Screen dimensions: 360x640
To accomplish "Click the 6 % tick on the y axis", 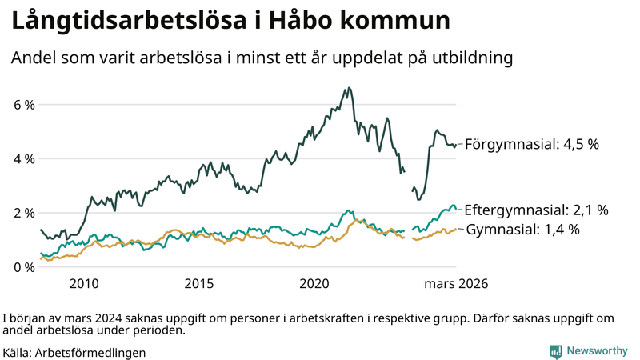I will pos(24,105).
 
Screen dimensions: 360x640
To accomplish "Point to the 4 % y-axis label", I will pos(24,158).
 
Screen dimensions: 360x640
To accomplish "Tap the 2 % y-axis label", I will pos(24,213).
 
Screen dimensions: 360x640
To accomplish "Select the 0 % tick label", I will pos(24,266).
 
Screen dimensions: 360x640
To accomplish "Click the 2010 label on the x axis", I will pos(84,284).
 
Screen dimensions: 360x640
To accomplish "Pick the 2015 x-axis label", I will pos(199,284).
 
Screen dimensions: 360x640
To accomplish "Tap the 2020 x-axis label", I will pos(314,284).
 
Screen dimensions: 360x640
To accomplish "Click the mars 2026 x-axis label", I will pos(456,284).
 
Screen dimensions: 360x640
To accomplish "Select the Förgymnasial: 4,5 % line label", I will pos(531,145).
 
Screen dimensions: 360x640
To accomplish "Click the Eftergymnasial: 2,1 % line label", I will pos(536,210).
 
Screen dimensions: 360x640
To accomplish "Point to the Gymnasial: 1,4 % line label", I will pos(534,230).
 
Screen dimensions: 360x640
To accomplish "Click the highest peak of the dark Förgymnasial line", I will pos(349,88).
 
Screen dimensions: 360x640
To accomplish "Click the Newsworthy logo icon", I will pos(555,351).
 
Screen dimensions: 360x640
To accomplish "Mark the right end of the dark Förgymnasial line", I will pos(456,145).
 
